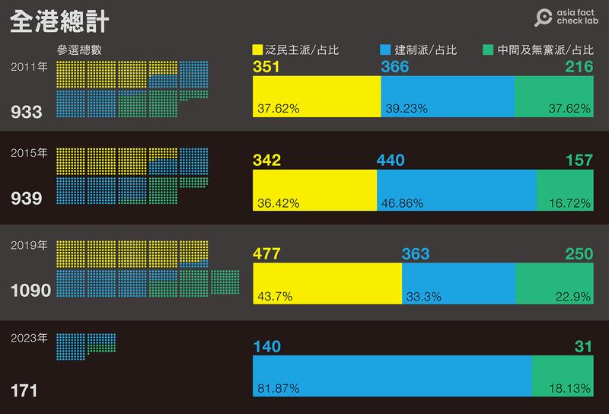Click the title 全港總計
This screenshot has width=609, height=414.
point(59,21)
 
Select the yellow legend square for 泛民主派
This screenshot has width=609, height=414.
point(257,50)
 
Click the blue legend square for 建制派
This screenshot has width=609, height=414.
point(384,50)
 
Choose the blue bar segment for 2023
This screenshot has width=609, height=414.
point(391,376)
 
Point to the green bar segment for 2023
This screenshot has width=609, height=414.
point(563,376)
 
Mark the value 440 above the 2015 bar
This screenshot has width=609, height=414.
point(391,161)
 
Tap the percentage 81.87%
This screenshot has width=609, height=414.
point(278,389)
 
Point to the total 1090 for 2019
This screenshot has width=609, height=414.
point(30,291)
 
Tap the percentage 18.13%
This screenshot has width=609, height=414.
point(569,389)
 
